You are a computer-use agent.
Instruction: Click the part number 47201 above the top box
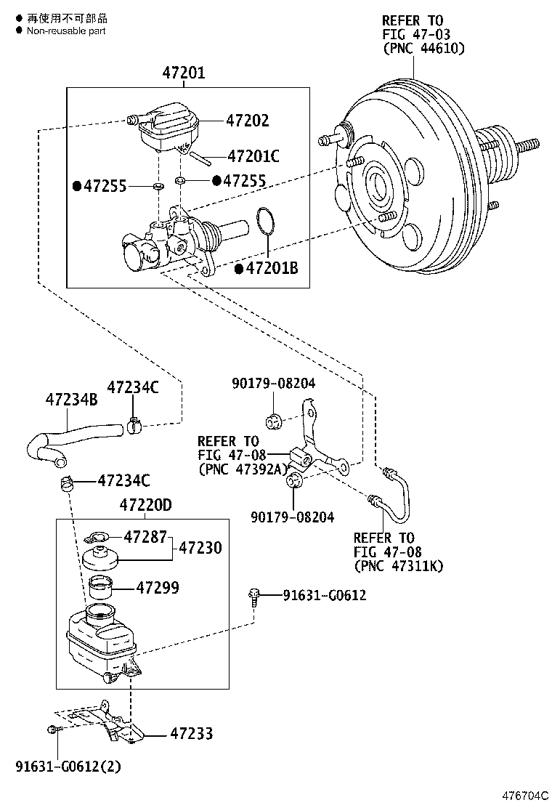tap(183, 73)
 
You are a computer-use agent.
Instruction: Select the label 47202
tap(247, 121)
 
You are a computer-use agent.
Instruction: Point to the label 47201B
tap(272, 269)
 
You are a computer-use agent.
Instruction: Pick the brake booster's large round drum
tap(407, 182)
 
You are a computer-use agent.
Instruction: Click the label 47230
tap(200, 548)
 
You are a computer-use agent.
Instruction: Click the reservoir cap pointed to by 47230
tap(102, 560)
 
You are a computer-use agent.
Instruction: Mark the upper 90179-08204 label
tap(274, 383)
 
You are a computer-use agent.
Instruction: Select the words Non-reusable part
tap(66, 31)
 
